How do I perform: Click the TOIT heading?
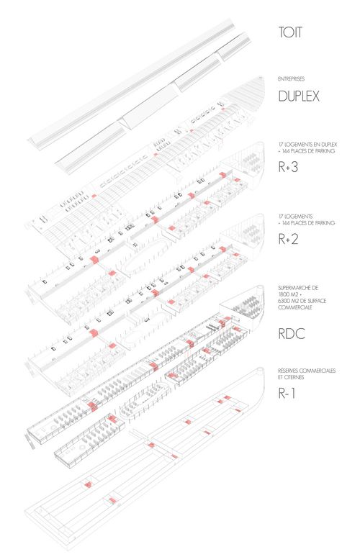click(290, 32)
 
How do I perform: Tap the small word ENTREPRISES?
click(291, 79)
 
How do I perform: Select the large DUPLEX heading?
click(299, 96)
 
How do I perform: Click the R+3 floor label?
click(288, 167)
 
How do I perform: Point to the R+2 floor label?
click(288, 239)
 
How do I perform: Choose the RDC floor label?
click(292, 334)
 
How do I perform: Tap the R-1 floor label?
click(287, 393)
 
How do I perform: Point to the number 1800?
click(284, 294)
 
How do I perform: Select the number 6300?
click(284, 301)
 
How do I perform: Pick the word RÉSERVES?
click(288, 371)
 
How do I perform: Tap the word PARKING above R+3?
click(325, 151)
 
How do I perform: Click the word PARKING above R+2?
click(325, 223)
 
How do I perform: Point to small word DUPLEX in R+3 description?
click(329, 145)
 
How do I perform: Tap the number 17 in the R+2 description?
click(281, 216)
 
